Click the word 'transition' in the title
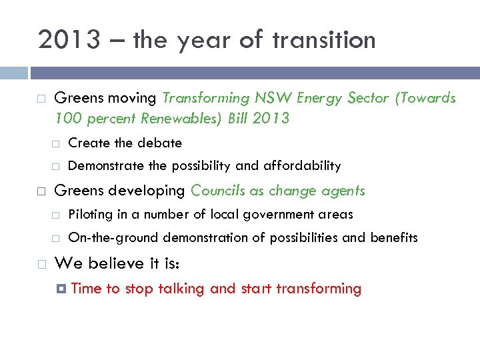tap(324, 40)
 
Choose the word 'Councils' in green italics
tap(218, 191)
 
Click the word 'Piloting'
tap(91, 214)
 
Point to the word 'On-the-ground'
tap(113, 237)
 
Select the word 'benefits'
tap(394, 237)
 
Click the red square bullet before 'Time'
tap(61, 289)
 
